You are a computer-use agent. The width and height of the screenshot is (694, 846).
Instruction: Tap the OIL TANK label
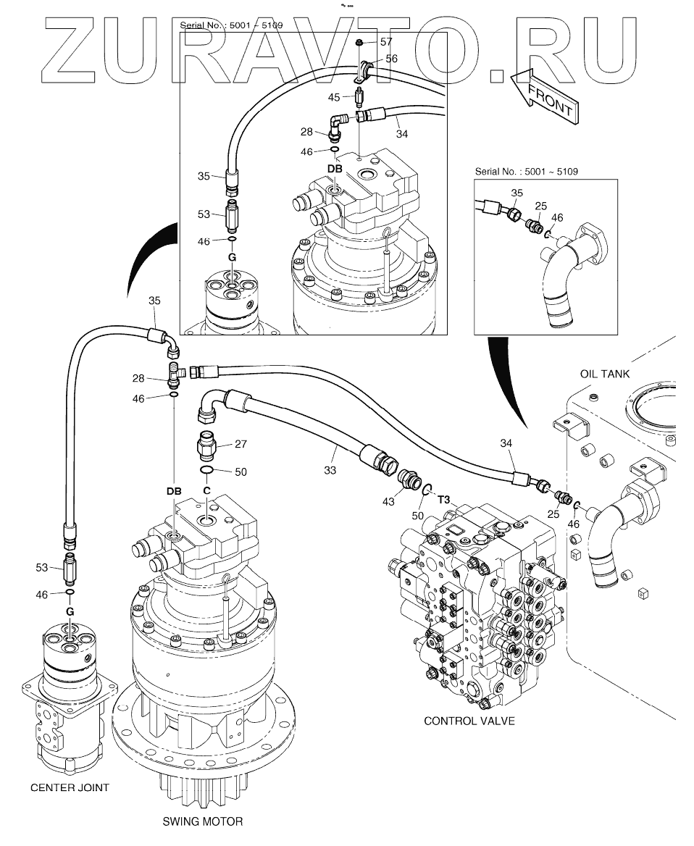[x=605, y=374]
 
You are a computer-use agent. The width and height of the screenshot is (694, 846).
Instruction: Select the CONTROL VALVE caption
[x=469, y=721]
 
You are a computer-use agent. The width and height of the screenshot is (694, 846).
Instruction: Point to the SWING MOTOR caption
[x=202, y=821]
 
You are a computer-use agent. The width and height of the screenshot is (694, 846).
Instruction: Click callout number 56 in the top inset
[x=390, y=58]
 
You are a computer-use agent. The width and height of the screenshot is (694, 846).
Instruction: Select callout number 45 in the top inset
[x=335, y=97]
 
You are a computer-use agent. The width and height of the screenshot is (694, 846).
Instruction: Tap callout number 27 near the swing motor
[x=241, y=445]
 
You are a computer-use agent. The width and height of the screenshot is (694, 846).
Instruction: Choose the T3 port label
[x=444, y=498]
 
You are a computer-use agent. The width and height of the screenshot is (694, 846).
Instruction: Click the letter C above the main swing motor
[x=206, y=490]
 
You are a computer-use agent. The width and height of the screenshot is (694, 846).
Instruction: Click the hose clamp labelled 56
[x=365, y=70]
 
